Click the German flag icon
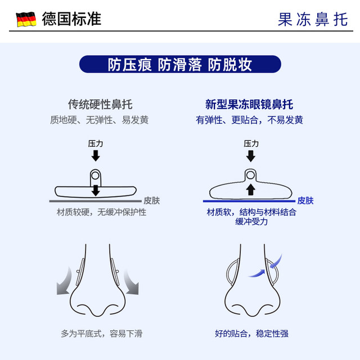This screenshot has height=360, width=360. (26, 19)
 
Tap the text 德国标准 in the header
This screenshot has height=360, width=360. (71, 19)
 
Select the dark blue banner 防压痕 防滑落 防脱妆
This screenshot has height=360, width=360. (180, 64)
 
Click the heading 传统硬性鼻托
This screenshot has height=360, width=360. (100, 105)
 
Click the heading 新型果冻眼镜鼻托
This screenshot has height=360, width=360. (249, 105)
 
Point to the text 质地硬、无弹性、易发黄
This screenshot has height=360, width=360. (100, 120)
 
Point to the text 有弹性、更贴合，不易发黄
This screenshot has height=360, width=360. (249, 120)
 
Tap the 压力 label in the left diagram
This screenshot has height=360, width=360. (95, 144)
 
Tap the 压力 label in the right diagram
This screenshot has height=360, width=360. (251, 144)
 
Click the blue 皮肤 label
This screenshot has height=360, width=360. (305, 200)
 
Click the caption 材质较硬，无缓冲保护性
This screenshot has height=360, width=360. (101, 213)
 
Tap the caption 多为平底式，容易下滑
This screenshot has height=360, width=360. (102, 334)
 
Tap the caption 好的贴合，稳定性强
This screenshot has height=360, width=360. (251, 334)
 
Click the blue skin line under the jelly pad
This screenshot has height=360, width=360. (247, 201)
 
